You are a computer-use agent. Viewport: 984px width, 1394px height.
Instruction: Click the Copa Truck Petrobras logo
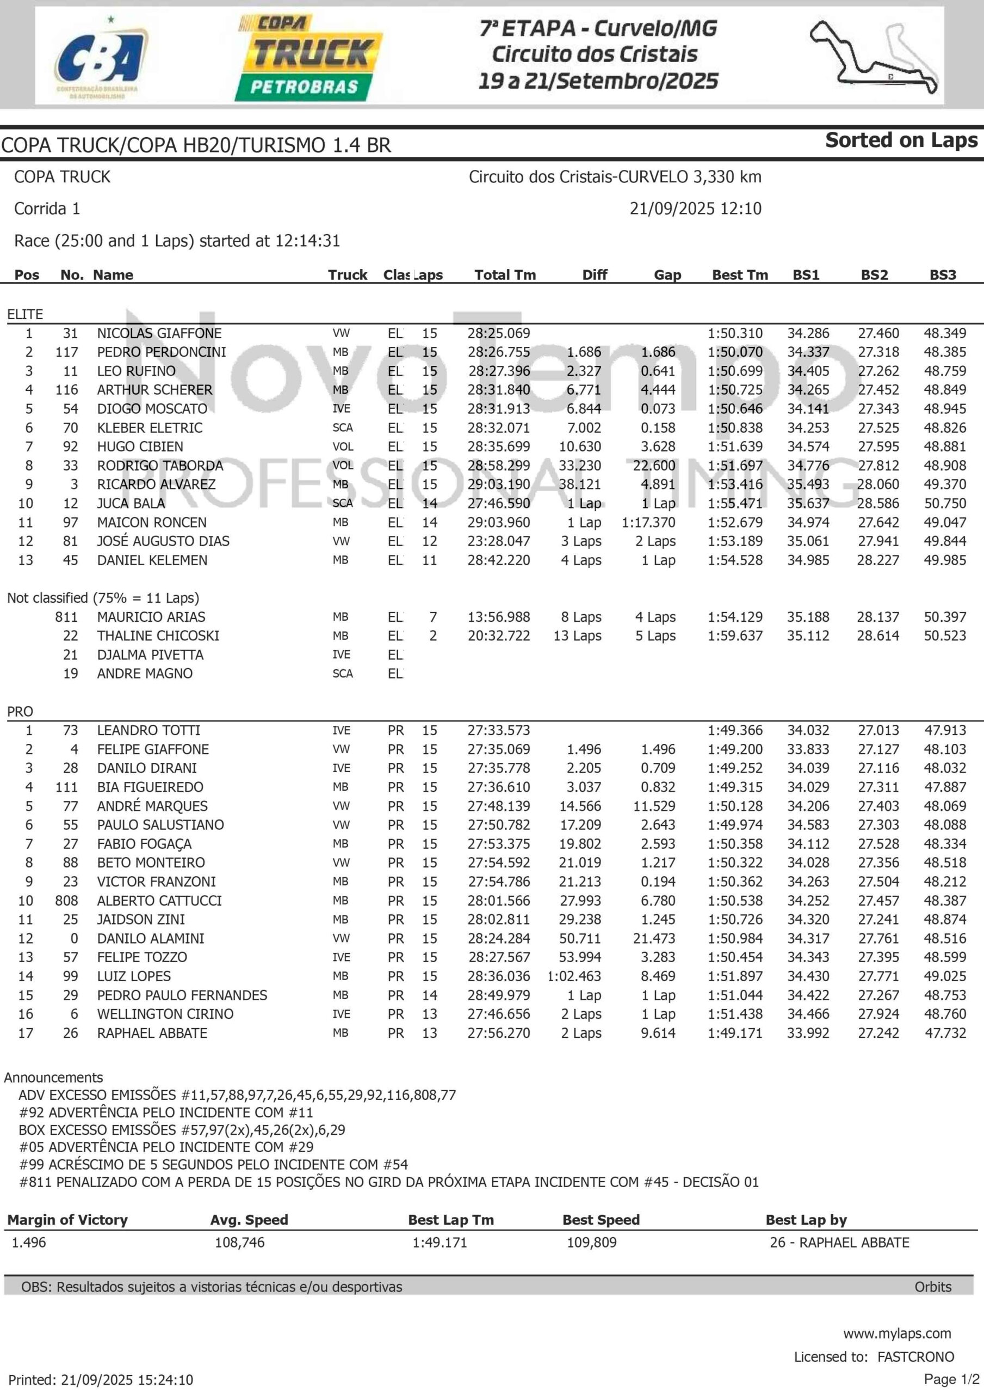[x=309, y=58]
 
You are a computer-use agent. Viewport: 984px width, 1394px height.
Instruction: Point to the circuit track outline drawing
[x=874, y=58]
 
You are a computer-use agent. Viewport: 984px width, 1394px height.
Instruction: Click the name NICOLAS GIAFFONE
[x=159, y=333]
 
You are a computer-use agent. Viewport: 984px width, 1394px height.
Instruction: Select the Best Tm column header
[x=740, y=275]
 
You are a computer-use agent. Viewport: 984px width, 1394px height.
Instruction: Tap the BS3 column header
[x=942, y=275]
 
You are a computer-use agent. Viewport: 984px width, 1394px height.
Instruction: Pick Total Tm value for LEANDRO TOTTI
[x=498, y=730]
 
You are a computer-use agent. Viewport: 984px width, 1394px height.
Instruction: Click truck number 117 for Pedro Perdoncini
[x=67, y=352]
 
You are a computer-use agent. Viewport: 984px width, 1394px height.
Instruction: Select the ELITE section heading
[x=25, y=315]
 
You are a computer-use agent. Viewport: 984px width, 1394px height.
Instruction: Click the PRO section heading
[x=20, y=712]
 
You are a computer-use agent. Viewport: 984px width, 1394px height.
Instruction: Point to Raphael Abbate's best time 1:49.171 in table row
[x=735, y=1034]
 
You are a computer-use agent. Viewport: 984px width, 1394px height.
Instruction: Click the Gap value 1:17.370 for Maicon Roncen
[x=648, y=523]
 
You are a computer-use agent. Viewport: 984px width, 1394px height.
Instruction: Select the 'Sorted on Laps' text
[x=901, y=140]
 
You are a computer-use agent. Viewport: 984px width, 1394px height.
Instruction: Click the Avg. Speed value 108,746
[x=240, y=1242]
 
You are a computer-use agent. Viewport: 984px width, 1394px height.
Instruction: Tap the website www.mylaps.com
[x=896, y=1334]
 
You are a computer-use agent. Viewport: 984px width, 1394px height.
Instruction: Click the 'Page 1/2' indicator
[x=951, y=1379]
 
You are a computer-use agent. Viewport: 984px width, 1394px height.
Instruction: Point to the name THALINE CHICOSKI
[x=158, y=635]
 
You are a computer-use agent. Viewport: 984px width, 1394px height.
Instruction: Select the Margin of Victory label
[x=67, y=1220]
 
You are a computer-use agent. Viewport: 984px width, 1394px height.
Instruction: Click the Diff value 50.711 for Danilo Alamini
[x=580, y=939]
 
